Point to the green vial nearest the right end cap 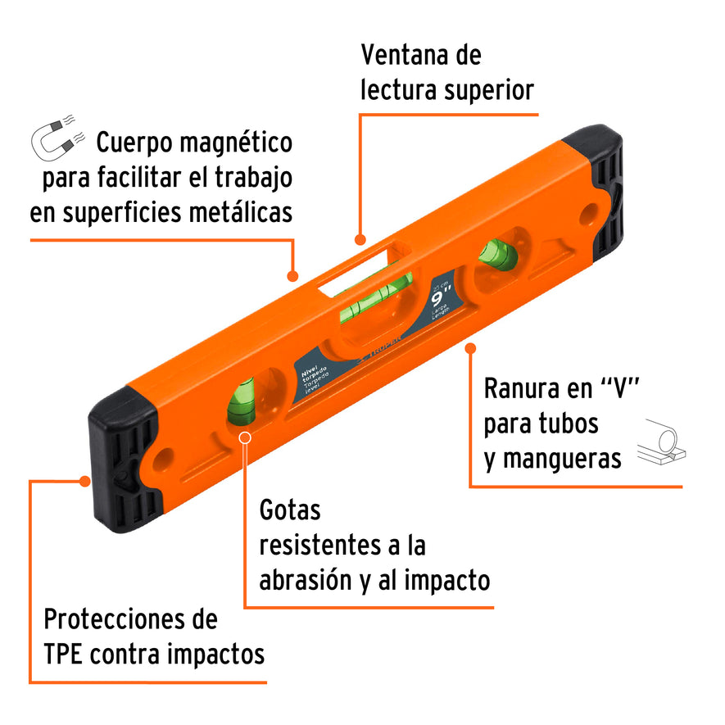pos(497,255)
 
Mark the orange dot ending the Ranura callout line pos(470,348)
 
